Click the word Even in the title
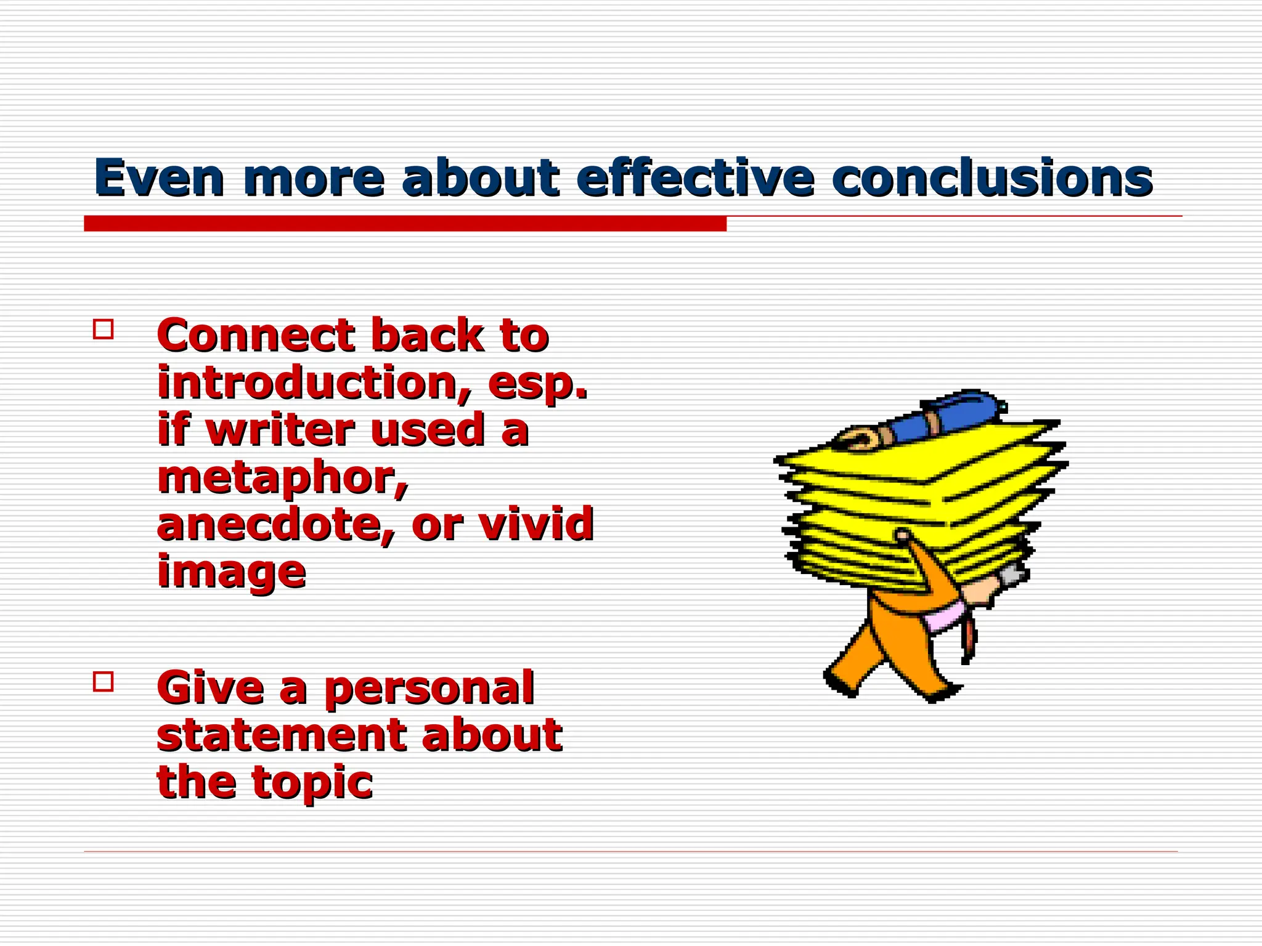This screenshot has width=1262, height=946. tap(159, 179)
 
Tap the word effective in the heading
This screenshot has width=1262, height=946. tap(695, 179)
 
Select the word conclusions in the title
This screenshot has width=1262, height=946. tap(991, 179)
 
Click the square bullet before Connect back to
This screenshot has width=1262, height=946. tap(104, 329)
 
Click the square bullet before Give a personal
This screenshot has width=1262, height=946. tap(104, 682)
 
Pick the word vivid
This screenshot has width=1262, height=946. tap(536, 525)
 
